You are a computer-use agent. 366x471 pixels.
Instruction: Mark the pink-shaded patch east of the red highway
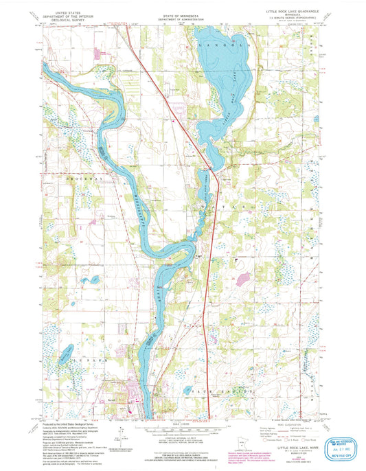[x=242, y=279]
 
